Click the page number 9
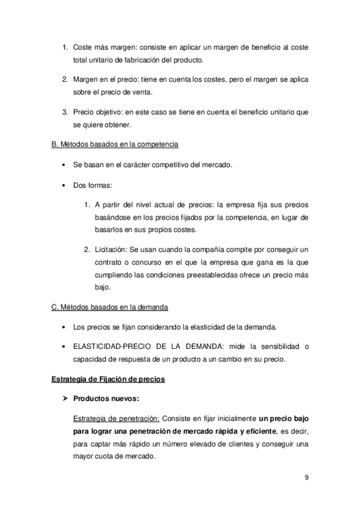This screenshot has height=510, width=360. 307,478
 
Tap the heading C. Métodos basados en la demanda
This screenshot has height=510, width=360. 109,307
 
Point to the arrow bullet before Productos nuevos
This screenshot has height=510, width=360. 66,398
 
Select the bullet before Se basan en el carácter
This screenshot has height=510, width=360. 64,165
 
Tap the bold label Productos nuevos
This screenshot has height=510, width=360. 105,398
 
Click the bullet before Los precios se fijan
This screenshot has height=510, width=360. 64,327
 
